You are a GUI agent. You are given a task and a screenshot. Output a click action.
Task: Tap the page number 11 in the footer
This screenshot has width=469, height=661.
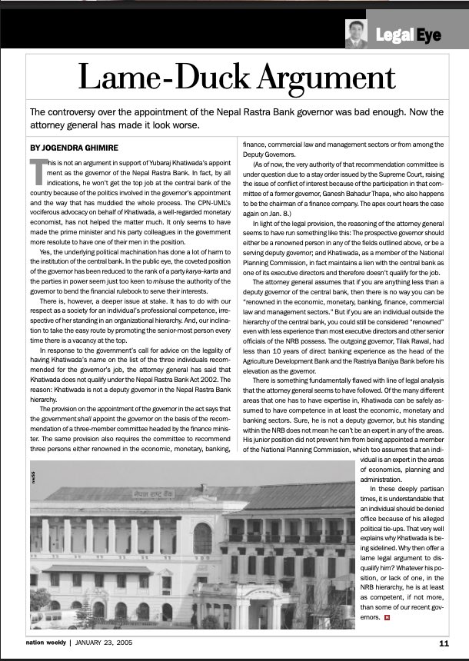tap(444, 643)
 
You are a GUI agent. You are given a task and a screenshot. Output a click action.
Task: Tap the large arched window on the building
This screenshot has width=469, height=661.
tap(202, 537)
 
